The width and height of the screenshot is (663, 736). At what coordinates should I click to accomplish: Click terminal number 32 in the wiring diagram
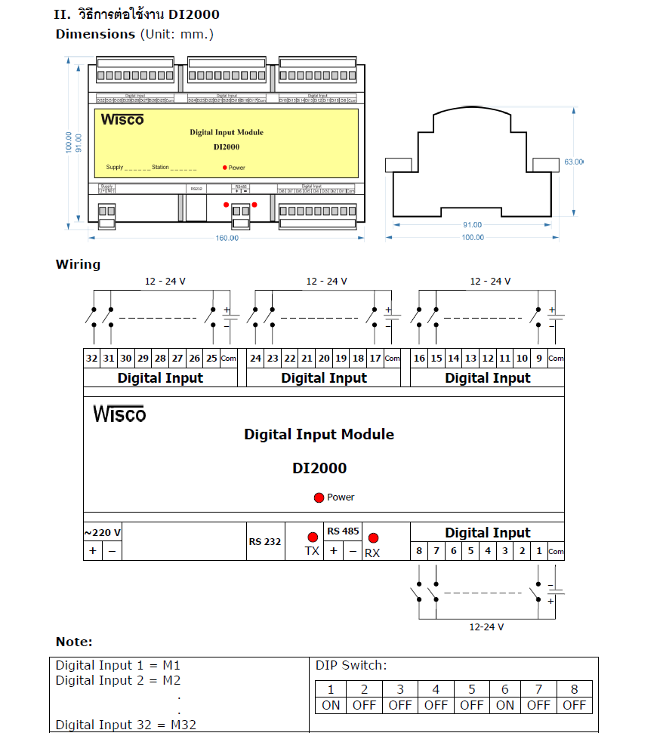[x=92, y=359]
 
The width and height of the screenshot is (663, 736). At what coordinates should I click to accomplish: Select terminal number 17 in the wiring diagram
[x=375, y=359]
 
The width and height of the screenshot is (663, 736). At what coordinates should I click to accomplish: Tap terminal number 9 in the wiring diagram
[x=538, y=359]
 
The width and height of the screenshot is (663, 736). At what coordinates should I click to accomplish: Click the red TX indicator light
[x=313, y=537]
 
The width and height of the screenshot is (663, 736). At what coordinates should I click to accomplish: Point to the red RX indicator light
[x=372, y=538]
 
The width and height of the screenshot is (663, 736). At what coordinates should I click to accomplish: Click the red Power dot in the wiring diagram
[x=319, y=497]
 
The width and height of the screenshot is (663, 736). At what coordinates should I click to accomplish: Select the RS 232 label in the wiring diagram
[x=264, y=542]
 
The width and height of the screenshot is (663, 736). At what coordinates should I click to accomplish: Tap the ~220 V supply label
[x=102, y=532]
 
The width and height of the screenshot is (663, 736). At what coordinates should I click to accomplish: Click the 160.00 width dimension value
[x=227, y=239]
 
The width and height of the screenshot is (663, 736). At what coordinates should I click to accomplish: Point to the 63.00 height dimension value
[x=574, y=162]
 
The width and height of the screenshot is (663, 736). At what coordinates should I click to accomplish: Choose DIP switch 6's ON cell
[x=504, y=705]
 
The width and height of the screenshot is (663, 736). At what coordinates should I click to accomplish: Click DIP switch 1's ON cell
[x=331, y=705]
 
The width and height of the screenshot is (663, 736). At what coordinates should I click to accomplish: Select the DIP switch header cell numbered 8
[x=574, y=688]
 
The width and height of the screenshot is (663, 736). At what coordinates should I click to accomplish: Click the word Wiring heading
[x=78, y=264]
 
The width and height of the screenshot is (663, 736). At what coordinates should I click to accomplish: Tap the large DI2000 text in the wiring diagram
[x=319, y=468]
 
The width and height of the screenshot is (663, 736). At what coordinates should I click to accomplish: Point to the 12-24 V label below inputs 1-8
[x=486, y=627]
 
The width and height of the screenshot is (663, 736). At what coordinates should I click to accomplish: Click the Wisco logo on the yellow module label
[x=122, y=119]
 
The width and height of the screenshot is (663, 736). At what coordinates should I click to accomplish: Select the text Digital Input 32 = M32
[x=125, y=725]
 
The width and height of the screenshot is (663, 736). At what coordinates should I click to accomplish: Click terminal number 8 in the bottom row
[x=419, y=551]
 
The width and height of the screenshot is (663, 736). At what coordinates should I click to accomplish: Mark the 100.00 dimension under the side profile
[x=473, y=238]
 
